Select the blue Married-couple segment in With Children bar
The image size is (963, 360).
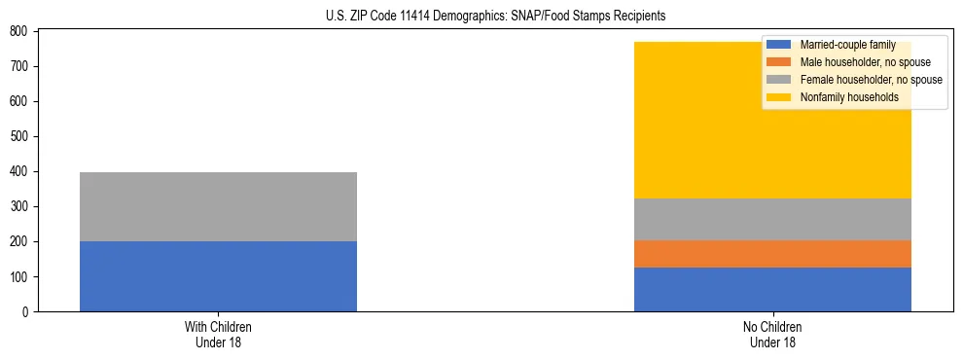click(x=218, y=276)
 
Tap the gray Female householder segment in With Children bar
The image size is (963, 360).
click(x=218, y=206)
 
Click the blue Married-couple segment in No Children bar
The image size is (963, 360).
click(x=772, y=289)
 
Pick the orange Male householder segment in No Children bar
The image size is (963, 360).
click(x=772, y=254)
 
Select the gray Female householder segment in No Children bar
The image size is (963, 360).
click(x=772, y=219)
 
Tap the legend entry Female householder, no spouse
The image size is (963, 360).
click(x=870, y=80)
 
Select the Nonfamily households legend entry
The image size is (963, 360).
click(x=848, y=97)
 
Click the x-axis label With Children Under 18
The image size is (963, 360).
click(x=218, y=334)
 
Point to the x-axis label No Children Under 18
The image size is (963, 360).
click(x=772, y=334)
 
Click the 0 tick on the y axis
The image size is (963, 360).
click(x=28, y=312)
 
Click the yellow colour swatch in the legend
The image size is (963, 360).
click(x=779, y=97)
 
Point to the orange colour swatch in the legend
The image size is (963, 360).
click(x=779, y=62)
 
